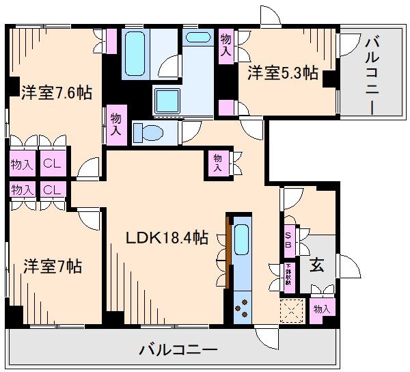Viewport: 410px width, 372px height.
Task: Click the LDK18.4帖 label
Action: tap(167, 238)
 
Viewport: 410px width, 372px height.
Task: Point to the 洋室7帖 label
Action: tap(53, 266)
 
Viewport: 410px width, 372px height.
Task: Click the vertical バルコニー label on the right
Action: tap(372, 75)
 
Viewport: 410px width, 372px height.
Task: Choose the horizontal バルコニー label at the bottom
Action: tap(178, 351)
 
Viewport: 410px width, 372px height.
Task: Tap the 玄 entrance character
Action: tap(316, 265)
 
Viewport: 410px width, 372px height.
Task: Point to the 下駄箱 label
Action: tap(288, 274)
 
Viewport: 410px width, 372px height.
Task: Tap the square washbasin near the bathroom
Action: tap(167, 101)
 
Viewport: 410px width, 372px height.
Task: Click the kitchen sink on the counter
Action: tap(241, 239)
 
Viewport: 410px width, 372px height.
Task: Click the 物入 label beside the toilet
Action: tap(117, 124)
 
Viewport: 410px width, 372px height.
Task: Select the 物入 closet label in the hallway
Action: tap(217, 162)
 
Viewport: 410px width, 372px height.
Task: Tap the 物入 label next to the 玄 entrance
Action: tap(321, 309)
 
